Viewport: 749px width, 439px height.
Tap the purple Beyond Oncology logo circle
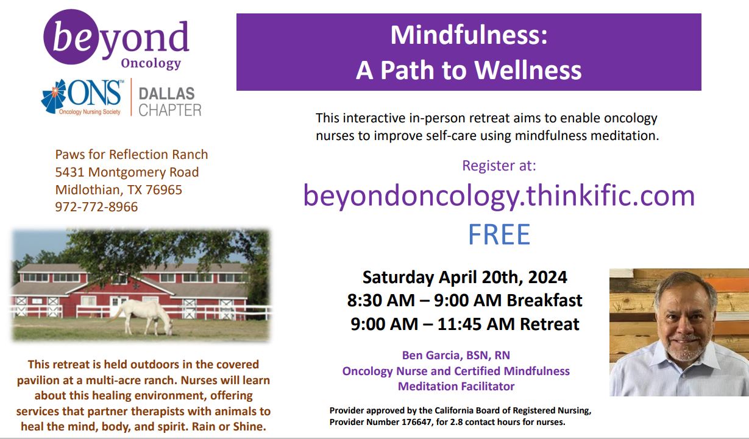(x=71, y=37)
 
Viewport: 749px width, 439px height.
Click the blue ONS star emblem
(x=54, y=96)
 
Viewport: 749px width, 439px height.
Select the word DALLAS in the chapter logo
(x=166, y=94)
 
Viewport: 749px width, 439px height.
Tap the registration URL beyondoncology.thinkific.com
(x=499, y=195)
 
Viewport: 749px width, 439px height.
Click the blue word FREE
(x=499, y=234)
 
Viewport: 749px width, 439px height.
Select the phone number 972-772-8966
(x=96, y=207)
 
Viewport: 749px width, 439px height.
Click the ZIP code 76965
(x=164, y=190)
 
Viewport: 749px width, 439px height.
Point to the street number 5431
(x=69, y=172)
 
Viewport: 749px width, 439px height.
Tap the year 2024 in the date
(x=548, y=277)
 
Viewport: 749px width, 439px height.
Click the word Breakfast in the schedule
(x=544, y=300)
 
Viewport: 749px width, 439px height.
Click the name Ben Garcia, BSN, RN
(x=456, y=355)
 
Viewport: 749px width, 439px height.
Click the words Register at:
(x=499, y=166)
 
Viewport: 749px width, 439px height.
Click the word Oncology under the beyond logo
(x=151, y=63)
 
